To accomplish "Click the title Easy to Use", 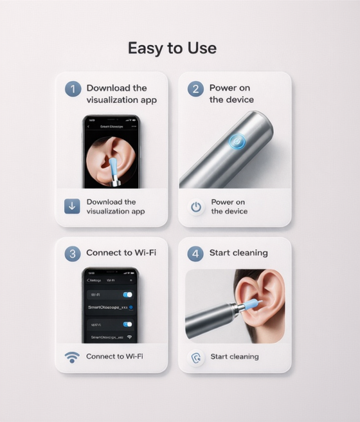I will click(x=172, y=48).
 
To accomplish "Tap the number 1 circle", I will click(x=73, y=89).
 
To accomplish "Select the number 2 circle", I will click(x=195, y=89).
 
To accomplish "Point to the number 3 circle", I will click(x=73, y=253).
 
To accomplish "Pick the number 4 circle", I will click(x=195, y=253).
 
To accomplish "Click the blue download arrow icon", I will click(x=72, y=206).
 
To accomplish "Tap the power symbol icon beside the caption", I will click(x=196, y=207).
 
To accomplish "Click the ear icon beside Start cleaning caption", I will click(x=195, y=357).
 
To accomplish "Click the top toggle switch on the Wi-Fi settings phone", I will click(x=127, y=294).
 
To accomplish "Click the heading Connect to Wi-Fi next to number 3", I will click(x=121, y=253).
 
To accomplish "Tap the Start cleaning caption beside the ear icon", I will click(x=234, y=356).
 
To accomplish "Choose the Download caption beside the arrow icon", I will click(x=116, y=206).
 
